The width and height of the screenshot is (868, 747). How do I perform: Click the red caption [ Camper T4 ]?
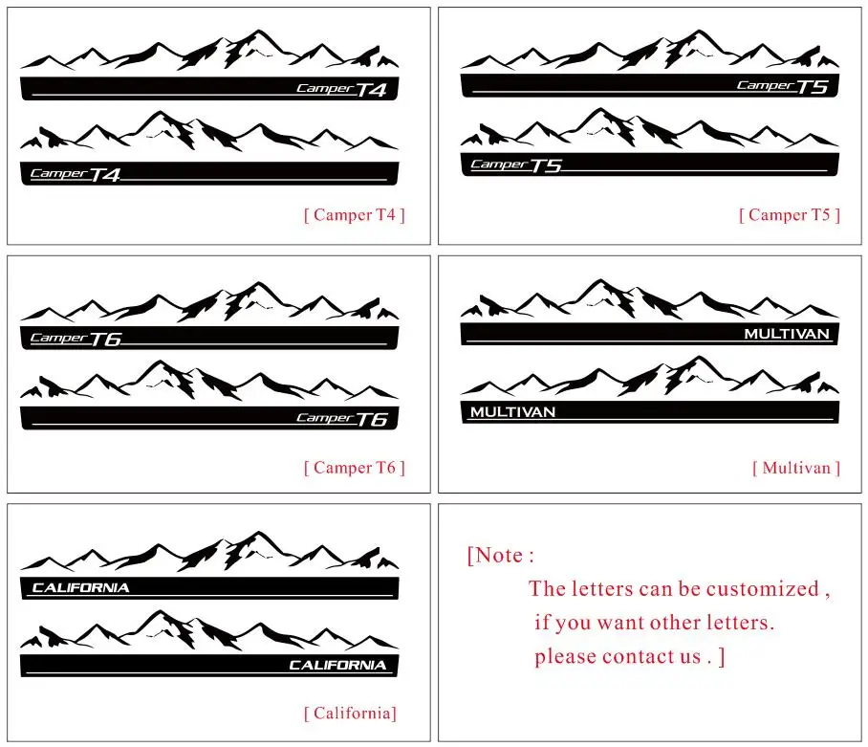[354, 215]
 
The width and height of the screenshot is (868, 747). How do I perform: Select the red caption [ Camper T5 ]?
[789, 215]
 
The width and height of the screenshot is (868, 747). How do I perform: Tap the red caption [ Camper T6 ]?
[354, 468]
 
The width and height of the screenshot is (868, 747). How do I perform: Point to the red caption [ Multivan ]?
[795, 468]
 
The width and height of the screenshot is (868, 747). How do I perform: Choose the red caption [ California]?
[350, 713]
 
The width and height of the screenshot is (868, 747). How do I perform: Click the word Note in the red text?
[499, 556]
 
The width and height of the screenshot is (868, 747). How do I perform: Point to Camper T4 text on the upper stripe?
[341, 90]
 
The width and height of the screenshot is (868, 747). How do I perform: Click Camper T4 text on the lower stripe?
[76, 174]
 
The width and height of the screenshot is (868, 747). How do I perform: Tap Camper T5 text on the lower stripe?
[515, 165]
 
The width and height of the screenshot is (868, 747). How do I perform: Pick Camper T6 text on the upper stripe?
[76, 338]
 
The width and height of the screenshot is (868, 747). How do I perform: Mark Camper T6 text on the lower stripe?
[341, 419]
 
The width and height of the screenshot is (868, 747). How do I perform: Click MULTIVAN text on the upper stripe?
[787, 334]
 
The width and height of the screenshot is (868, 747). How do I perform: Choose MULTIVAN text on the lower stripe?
[512, 412]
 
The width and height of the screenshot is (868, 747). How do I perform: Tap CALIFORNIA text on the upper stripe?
[80, 587]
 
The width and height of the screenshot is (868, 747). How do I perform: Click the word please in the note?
[565, 657]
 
